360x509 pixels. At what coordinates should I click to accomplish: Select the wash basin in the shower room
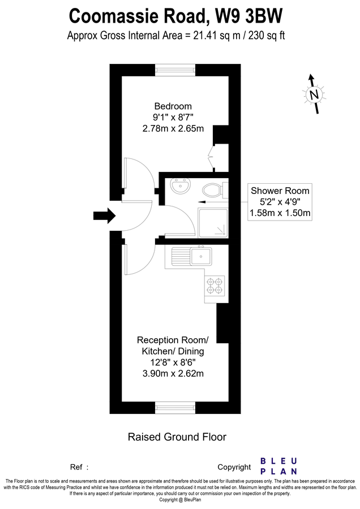[x=182, y=187]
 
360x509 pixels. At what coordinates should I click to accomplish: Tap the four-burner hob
[x=215, y=285]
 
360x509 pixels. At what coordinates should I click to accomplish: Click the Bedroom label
[x=173, y=106]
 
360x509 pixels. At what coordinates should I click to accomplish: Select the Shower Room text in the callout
[x=281, y=191]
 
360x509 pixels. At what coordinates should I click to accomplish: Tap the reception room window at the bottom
[x=175, y=406]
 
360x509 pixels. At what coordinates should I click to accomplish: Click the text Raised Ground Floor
[x=177, y=437]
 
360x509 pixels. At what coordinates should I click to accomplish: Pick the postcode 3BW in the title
[x=267, y=14]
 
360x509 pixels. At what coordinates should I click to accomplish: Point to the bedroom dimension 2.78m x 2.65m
[x=173, y=128]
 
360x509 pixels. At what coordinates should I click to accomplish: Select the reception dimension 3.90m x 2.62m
[x=173, y=373]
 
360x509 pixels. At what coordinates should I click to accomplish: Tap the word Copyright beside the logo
[x=234, y=467]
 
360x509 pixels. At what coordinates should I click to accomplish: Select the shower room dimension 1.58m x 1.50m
[x=281, y=213]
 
